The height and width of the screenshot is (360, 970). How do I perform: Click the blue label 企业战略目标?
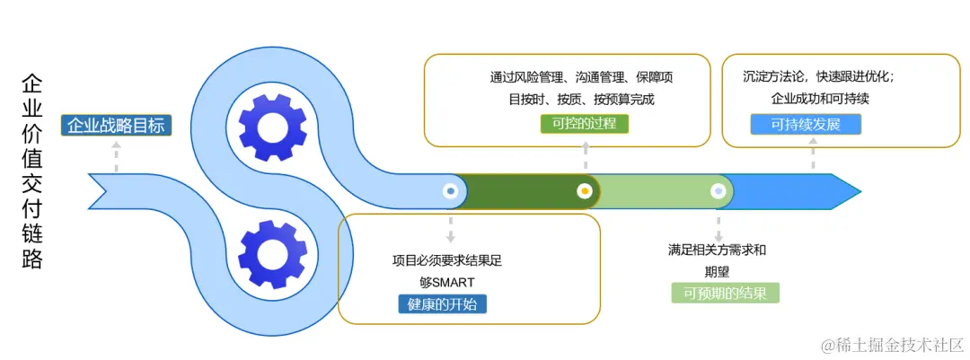(116, 126)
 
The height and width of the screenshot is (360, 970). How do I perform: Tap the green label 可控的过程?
(585, 123)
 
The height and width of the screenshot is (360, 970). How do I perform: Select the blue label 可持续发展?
(806, 124)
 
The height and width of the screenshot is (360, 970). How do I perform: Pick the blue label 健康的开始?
(442, 303)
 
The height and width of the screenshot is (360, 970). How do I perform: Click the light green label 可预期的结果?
(725, 293)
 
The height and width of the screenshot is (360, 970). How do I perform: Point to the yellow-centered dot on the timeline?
(585, 191)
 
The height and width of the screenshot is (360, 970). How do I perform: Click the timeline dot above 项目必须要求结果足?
(450, 191)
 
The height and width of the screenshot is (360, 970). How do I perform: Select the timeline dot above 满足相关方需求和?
(718, 191)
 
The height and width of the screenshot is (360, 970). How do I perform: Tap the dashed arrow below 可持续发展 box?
(814, 158)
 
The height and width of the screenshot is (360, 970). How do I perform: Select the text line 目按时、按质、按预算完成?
(581, 99)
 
